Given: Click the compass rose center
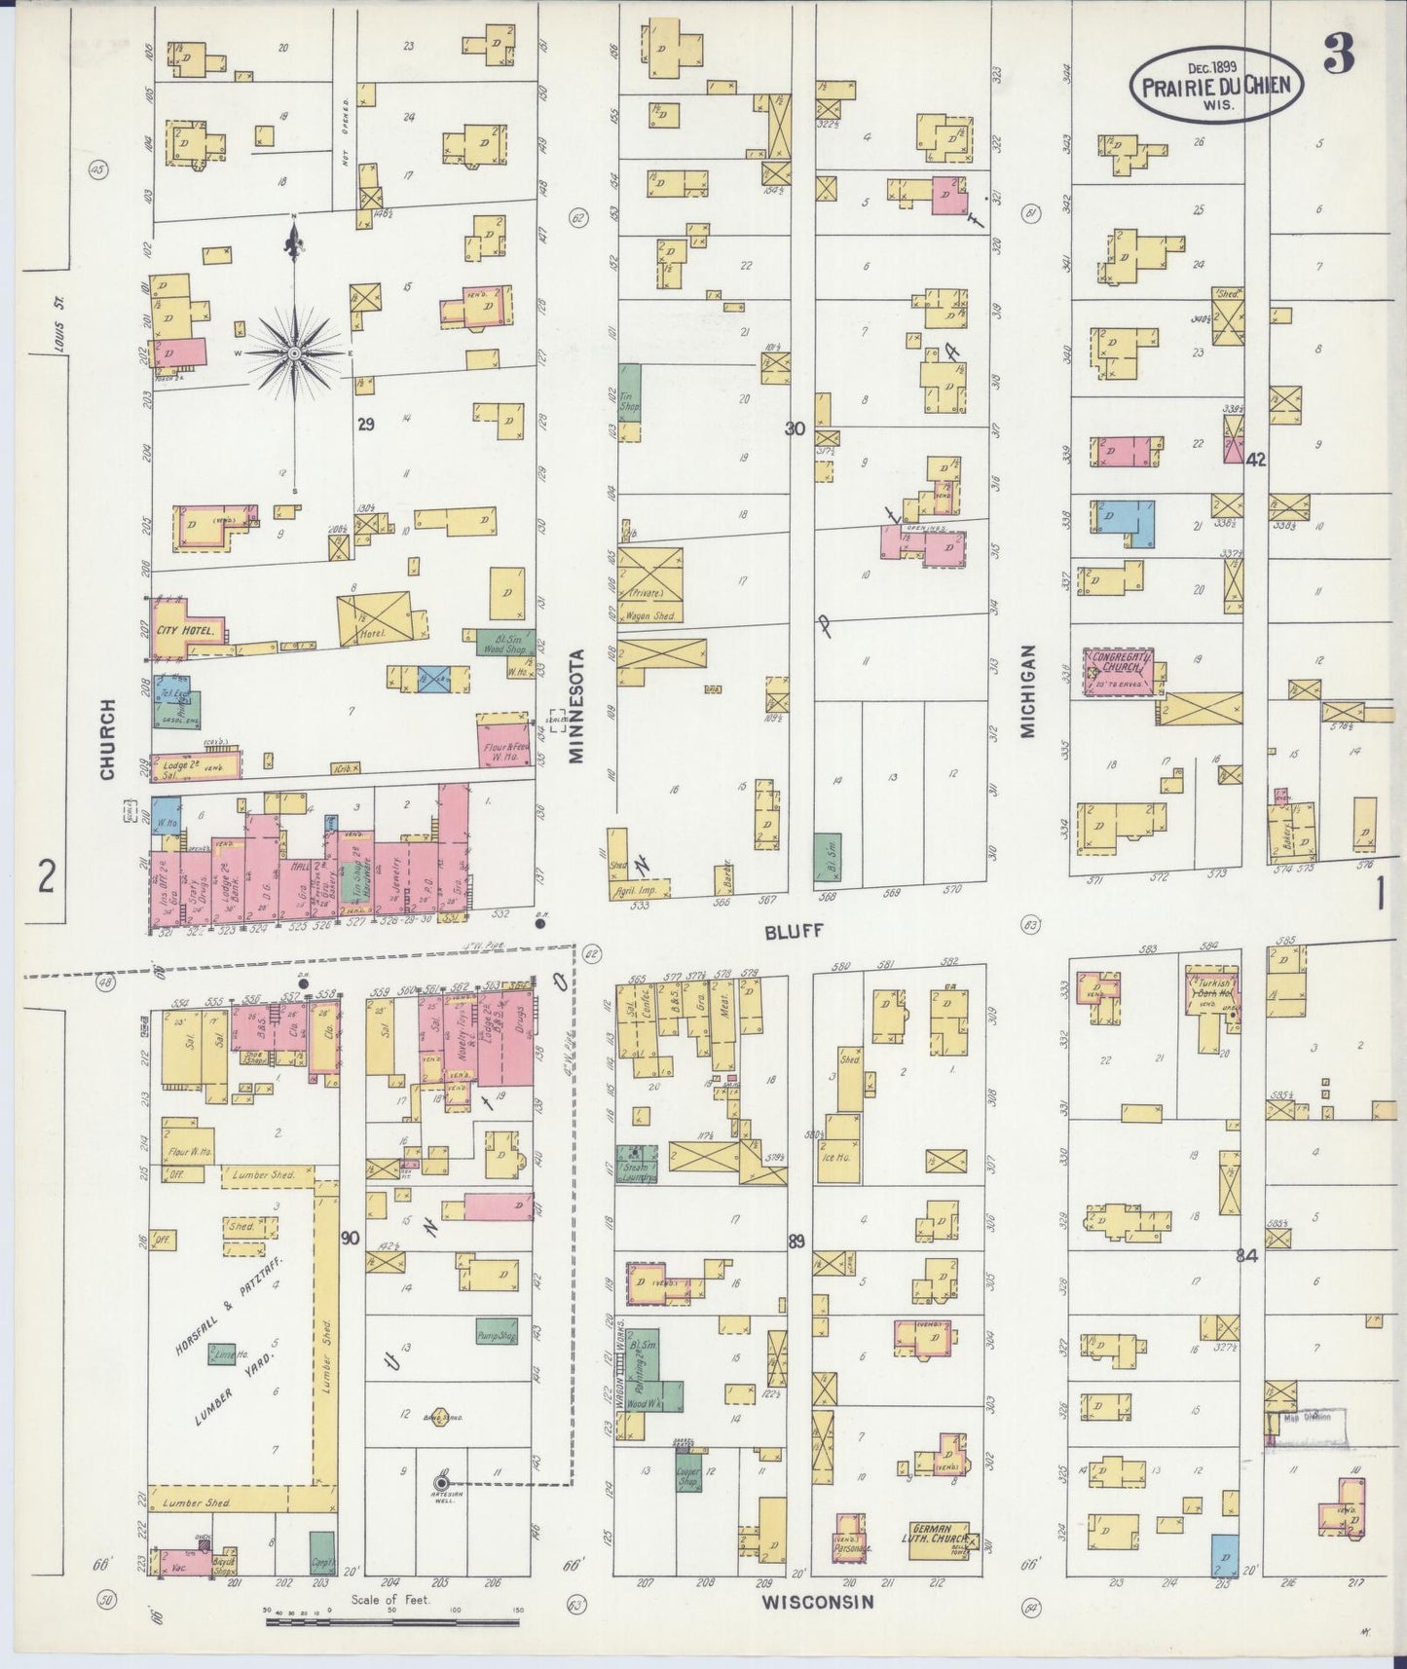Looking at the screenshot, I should click(x=294, y=352).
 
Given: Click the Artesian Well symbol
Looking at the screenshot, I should click(x=441, y=1483).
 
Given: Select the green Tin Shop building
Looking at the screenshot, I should click(x=630, y=399).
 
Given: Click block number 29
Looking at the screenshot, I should click(x=366, y=424).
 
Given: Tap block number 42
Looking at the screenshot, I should click(x=1255, y=461).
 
